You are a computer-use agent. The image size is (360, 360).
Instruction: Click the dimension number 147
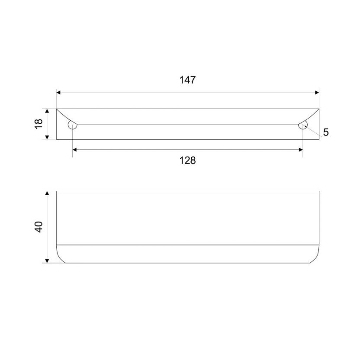[187, 80]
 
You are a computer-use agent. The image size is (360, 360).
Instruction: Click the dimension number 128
[187, 161]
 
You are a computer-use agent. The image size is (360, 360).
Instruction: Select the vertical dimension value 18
[39, 124]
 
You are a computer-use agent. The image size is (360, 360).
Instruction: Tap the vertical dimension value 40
[39, 227]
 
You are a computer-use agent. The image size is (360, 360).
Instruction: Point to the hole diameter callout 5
[326, 132]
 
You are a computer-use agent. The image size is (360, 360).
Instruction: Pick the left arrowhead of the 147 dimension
[58, 93]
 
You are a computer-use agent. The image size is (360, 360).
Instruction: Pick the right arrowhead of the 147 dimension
[317, 93]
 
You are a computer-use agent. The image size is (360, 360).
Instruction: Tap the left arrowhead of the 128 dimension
[74, 150]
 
